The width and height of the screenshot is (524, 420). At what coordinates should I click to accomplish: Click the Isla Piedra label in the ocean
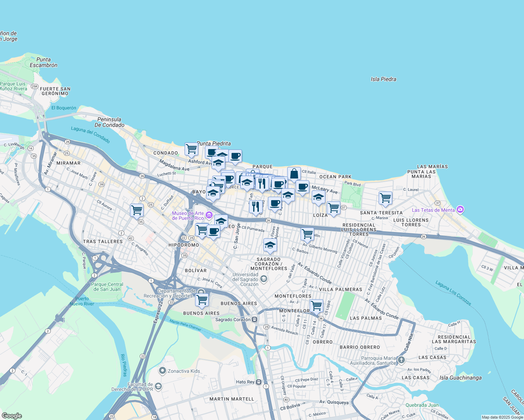[384, 79]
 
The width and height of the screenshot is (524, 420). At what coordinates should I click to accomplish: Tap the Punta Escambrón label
[43, 62]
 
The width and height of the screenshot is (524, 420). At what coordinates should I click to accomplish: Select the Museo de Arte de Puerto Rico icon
[209, 215]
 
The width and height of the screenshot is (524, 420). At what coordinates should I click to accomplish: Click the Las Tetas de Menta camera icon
[460, 210]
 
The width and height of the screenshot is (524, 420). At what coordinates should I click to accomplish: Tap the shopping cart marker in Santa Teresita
[385, 198]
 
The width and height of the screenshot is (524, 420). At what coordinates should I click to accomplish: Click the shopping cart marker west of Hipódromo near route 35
[137, 210]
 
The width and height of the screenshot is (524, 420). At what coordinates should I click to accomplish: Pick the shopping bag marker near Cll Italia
[294, 174]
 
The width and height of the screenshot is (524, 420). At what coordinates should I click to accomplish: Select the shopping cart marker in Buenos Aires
[202, 299]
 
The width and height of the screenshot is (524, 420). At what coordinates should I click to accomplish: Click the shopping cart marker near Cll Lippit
[317, 305]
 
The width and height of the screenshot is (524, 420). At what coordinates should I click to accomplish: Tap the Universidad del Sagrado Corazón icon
[264, 279]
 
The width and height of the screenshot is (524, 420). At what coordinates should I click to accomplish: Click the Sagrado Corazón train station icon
[255, 319]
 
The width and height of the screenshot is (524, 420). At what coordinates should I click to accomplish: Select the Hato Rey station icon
[258, 382]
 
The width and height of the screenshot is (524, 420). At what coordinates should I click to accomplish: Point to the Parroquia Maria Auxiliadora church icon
[401, 360]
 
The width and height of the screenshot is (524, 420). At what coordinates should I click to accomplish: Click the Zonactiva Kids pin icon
[162, 370]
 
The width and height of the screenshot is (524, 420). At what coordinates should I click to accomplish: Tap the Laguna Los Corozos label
[454, 293]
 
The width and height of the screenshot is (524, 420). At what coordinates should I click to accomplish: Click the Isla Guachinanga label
[460, 378]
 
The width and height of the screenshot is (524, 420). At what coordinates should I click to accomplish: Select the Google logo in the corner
[11, 416]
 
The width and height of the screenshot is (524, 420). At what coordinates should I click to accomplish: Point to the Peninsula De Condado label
[109, 122]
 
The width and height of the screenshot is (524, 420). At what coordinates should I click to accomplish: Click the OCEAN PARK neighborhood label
[335, 177]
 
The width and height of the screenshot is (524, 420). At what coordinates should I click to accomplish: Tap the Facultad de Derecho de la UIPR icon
[158, 386]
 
